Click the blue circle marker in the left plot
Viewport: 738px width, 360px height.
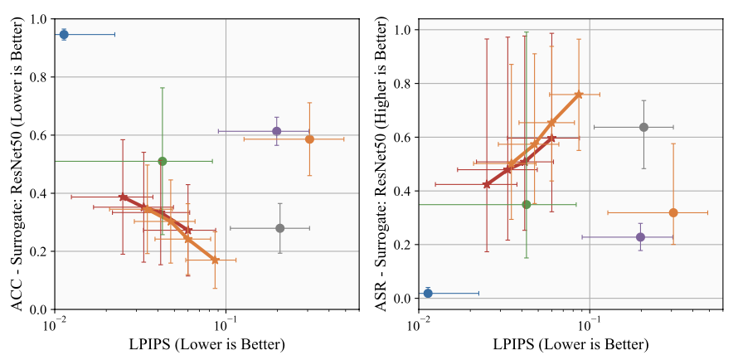(64, 34)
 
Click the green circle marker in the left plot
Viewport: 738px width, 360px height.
(163, 161)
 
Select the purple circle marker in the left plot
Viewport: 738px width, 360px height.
(277, 131)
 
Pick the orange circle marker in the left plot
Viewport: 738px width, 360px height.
(309, 139)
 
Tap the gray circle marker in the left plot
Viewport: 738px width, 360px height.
(280, 228)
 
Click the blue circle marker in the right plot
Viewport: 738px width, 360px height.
(428, 293)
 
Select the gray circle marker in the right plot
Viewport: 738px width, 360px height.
(643, 127)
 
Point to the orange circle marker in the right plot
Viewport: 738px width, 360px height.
(673, 212)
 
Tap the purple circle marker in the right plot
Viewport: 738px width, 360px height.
(640, 237)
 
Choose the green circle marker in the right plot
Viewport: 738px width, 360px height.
(527, 204)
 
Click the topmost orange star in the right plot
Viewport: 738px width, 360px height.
(579, 95)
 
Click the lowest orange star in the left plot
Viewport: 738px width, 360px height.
(215, 260)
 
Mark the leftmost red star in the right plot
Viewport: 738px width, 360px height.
(487, 184)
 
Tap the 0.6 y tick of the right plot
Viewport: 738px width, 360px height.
(403, 138)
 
